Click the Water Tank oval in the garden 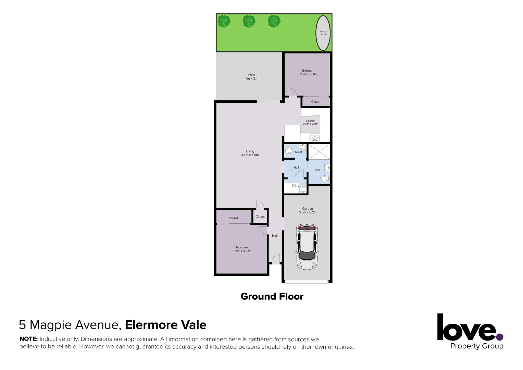(323, 33)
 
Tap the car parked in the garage (307, 247)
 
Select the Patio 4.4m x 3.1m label (251, 77)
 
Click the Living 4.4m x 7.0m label (250, 153)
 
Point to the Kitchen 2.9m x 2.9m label (311, 122)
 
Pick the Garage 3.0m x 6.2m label (308, 210)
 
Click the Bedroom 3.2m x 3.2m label (241, 249)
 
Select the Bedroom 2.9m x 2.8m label (309, 72)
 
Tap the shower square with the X (319, 152)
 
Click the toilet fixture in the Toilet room (289, 151)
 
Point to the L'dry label (295, 185)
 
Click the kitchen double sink (315, 138)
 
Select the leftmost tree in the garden (224, 21)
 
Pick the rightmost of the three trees (274, 21)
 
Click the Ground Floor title (272, 296)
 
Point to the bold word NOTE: (28, 339)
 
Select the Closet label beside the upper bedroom (316, 102)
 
